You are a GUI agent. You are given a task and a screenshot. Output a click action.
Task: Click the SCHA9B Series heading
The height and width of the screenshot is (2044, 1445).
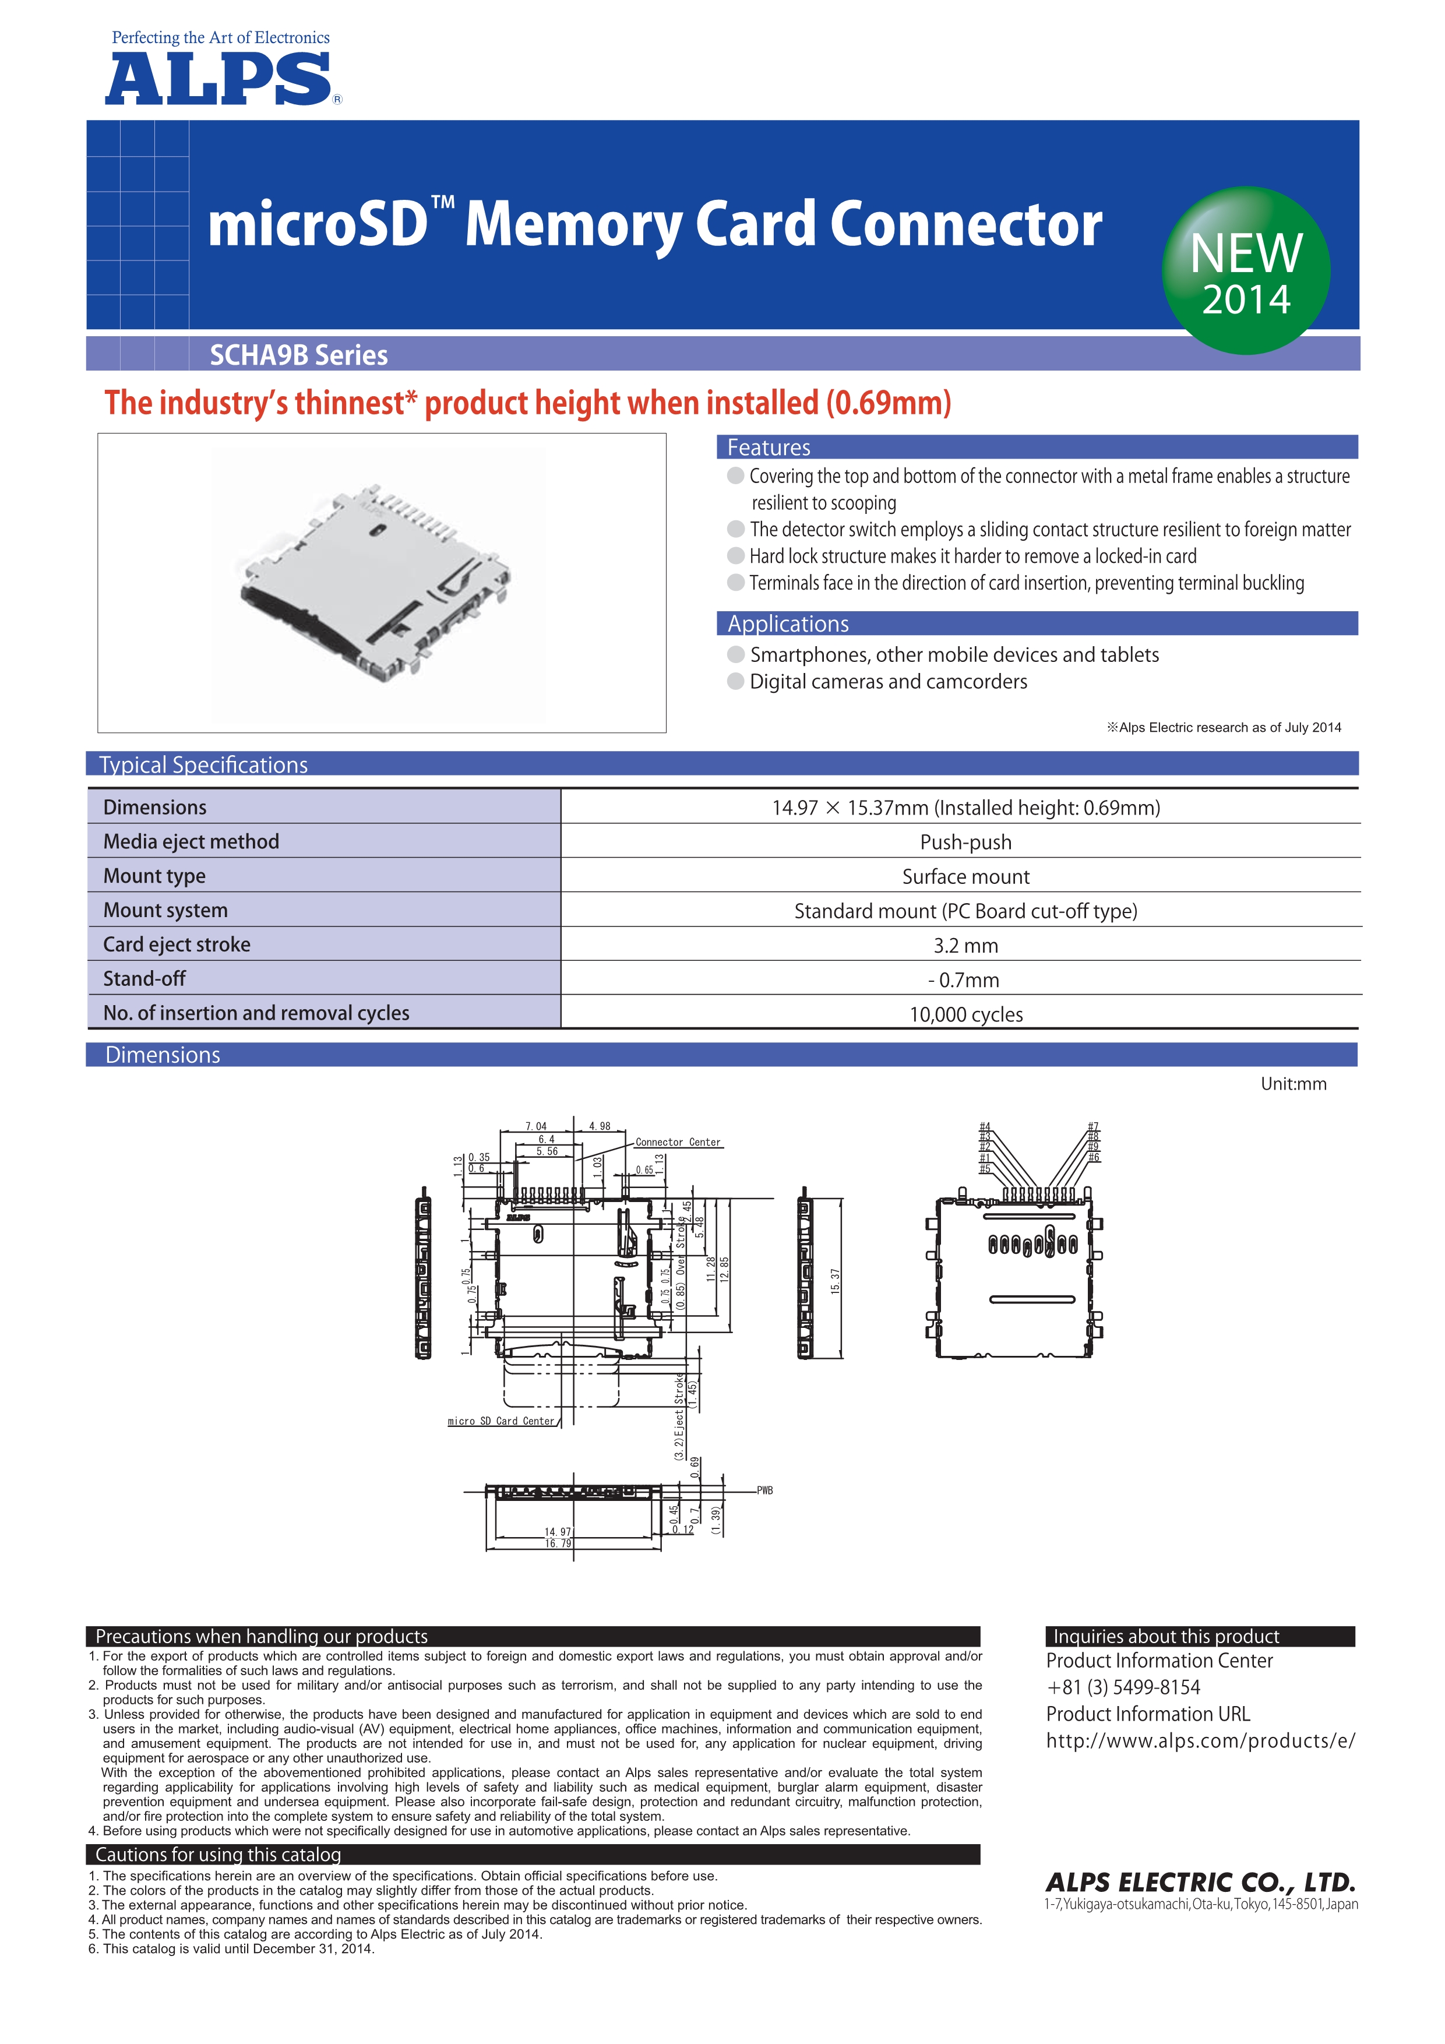click(x=298, y=355)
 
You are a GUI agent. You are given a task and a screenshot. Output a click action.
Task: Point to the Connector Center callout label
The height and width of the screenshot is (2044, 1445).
click(x=678, y=1142)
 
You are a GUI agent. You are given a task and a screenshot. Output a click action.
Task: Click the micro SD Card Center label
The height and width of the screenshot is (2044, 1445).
click(x=501, y=1421)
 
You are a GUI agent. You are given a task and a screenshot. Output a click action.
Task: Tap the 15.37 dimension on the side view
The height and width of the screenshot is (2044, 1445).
click(x=834, y=1280)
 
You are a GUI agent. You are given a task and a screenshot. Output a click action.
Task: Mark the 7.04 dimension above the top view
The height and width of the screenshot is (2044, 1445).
click(x=536, y=1126)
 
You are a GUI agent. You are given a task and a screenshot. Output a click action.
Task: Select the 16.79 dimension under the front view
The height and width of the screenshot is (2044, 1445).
click(x=558, y=1543)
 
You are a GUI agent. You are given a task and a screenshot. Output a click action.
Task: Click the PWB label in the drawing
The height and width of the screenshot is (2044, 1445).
click(x=765, y=1490)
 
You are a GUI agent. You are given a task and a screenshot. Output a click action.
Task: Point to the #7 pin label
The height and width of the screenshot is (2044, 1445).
click(x=1093, y=1126)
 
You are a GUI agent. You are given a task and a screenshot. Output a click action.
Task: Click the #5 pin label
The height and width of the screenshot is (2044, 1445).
click(x=985, y=1168)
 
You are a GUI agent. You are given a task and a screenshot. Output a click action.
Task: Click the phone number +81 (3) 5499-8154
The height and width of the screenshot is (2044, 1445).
click(x=1123, y=1687)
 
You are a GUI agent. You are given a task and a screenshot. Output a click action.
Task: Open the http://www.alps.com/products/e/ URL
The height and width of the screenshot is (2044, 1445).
click(x=1200, y=1740)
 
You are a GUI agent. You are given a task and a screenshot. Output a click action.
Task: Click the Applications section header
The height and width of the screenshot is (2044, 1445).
click(x=788, y=624)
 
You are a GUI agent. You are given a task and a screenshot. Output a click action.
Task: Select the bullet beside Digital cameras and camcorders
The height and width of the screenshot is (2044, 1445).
click(x=735, y=681)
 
